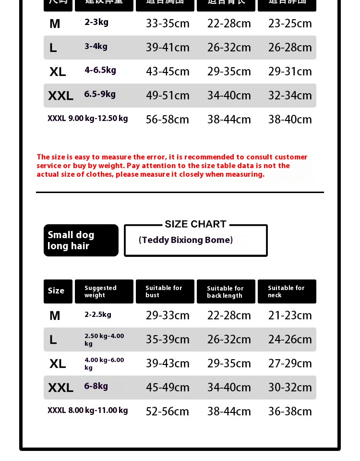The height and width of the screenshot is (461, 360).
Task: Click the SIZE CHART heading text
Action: (195, 224)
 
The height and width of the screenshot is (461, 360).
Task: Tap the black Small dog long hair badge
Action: (81, 240)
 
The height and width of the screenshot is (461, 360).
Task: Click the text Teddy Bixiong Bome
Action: (186, 240)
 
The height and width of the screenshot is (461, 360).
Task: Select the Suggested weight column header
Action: (104, 291)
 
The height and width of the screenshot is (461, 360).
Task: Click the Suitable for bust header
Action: (165, 291)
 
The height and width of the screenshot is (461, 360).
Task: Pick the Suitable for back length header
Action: (226, 292)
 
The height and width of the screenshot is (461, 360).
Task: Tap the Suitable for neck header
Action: (287, 291)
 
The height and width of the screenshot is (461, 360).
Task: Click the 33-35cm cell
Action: (168, 24)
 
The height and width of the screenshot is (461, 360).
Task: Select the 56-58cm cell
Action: (168, 120)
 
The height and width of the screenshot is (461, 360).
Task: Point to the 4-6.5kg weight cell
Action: (100, 70)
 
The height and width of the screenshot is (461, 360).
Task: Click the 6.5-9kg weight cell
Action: (100, 94)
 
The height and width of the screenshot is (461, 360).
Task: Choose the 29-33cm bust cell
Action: (168, 315)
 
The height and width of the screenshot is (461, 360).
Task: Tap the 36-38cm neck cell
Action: (290, 412)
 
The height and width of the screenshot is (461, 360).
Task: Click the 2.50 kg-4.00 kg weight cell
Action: (104, 340)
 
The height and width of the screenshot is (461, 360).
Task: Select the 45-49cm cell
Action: (168, 388)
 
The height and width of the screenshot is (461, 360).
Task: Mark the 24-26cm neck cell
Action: (290, 340)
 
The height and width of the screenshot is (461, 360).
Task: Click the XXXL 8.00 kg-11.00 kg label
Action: (88, 411)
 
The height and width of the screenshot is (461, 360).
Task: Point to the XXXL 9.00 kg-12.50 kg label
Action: (88, 118)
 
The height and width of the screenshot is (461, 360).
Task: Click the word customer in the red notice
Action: (291, 157)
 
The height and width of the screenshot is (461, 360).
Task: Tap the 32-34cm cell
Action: (290, 96)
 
